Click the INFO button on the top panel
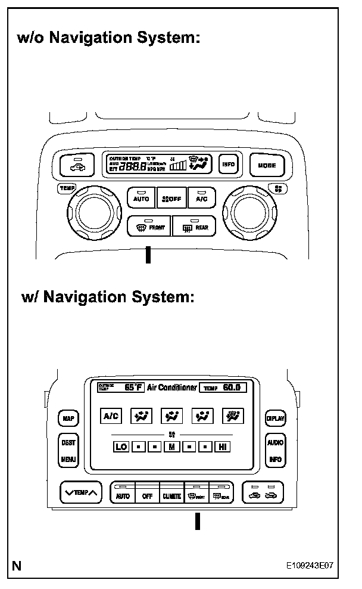point(228,165)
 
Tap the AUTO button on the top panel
point(142,198)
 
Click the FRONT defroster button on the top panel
point(149,227)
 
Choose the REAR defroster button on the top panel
point(194,227)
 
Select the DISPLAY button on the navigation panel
point(275,418)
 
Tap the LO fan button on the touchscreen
point(121,447)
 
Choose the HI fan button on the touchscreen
point(223,447)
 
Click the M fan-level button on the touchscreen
point(171,447)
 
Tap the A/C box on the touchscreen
point(111,417)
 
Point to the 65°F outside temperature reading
point(133,387)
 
